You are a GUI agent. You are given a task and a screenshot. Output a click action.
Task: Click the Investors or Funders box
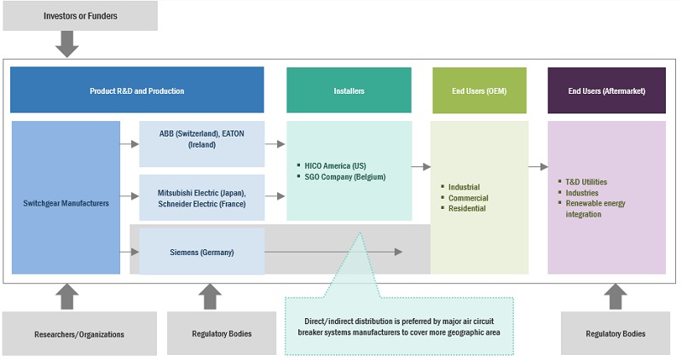coord(80,15)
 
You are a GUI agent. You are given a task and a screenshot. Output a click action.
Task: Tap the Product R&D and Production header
coord(136,90)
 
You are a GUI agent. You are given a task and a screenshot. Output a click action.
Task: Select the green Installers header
coord(350,90)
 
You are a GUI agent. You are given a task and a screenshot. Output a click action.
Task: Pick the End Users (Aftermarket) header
coord(606,90)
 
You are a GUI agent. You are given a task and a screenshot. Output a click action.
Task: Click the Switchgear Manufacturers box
coord(66,203)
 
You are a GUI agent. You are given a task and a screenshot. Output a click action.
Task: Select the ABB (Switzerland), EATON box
coord(201,139)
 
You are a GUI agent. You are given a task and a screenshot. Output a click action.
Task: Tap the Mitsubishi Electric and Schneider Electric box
coord(201,198)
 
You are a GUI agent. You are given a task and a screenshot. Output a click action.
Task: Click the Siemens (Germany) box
coord(201,253)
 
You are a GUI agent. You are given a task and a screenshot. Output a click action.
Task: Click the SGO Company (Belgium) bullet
coord(344,177)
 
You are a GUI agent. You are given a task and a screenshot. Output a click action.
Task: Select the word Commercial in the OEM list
coord(469,198)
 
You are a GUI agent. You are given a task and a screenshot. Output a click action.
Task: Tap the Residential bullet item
coord(468,208)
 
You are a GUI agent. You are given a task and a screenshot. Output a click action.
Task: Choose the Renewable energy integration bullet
coord(595,209)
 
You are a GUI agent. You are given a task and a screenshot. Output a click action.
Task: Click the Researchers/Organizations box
coord(79,334)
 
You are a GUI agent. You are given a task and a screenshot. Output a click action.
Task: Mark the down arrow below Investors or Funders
coord(66,43)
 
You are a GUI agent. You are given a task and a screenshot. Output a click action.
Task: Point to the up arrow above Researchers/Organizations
coord(68,296)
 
